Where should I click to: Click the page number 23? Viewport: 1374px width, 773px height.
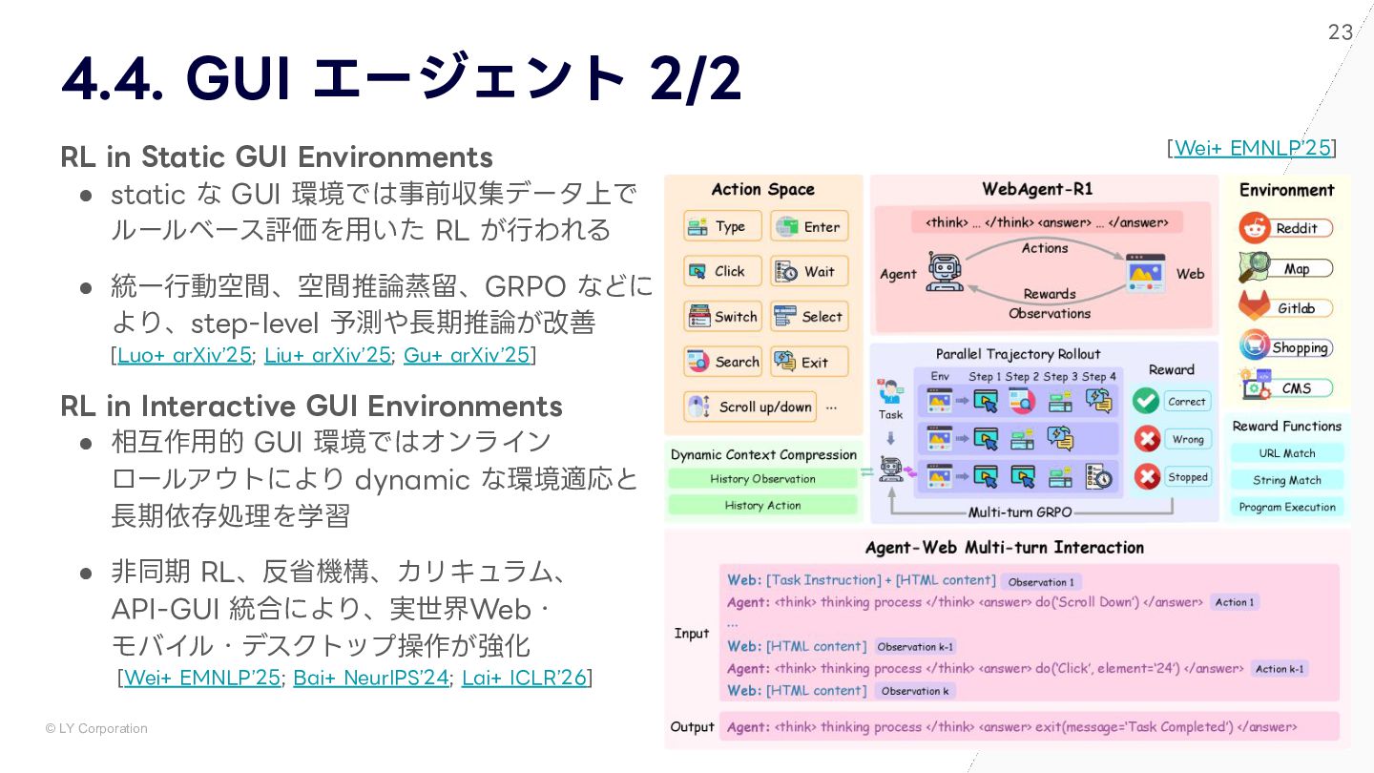click(1340, 32)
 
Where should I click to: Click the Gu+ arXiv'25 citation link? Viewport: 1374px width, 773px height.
click(467, 355)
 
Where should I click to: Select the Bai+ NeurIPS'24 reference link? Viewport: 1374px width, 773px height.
click(370, 678)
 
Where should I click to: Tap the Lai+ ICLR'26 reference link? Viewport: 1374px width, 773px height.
click(524, 678)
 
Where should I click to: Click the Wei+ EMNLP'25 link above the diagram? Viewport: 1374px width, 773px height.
click(1252, 147)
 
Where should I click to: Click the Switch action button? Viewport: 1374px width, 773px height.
click(723, 317)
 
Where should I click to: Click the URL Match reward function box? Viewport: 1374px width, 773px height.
click(1286, 453)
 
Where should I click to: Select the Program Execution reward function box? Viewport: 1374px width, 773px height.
click(1286, 507)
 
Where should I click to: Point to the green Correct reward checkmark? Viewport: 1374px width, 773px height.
click(1146, 401)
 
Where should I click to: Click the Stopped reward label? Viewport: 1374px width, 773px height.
click(1187, 477)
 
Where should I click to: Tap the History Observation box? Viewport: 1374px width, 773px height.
click(762, 479)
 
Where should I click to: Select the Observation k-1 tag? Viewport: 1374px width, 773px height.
click(915, 646)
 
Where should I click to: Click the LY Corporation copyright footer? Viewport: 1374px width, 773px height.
click(96, 728)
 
